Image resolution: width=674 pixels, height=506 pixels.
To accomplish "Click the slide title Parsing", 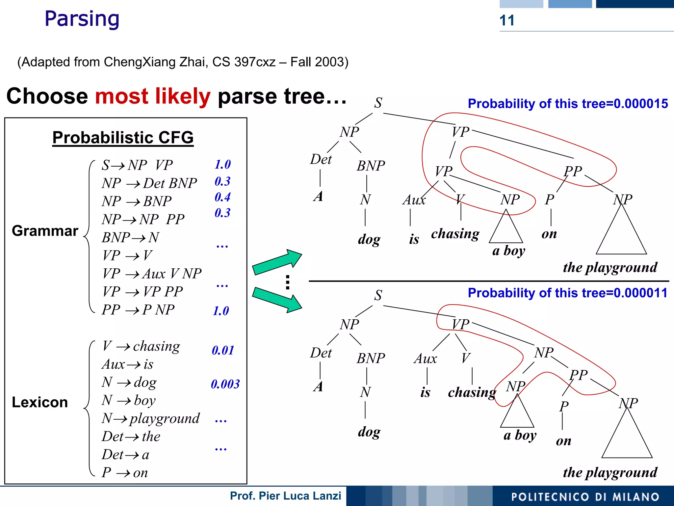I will point(82,19).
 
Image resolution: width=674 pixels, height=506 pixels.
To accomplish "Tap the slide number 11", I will point(506,20).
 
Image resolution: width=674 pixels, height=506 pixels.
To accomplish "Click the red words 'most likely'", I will point(153,96).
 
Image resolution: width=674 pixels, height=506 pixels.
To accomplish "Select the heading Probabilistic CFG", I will point(123,137).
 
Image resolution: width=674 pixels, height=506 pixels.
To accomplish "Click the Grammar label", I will point(45,231).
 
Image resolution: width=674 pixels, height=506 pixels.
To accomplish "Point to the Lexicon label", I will point(40,402).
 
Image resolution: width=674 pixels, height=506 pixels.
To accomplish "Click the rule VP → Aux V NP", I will point(152,274).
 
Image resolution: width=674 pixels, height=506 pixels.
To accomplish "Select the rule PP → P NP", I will point(138,310).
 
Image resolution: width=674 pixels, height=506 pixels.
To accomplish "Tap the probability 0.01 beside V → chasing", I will point(223,350).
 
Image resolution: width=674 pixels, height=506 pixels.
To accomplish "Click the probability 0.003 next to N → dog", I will point(225,384).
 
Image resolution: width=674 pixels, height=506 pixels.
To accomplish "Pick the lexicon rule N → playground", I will point(151,418).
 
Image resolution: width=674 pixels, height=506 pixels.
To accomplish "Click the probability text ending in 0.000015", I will point(568,104).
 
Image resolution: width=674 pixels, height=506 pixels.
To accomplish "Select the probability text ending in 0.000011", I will point(568,293).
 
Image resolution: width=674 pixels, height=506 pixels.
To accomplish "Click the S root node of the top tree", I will point(378,103).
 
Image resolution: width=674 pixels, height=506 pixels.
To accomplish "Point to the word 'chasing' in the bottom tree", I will point(472,392).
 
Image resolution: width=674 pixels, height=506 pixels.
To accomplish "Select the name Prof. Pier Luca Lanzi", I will point(285,495).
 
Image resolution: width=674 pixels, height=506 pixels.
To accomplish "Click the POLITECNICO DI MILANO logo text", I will point(585,497).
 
